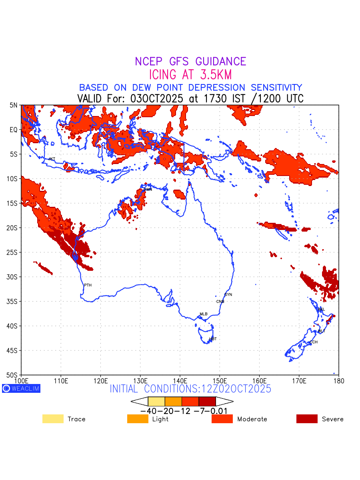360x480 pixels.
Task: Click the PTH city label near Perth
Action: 88,285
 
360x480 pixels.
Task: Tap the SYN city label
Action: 228,295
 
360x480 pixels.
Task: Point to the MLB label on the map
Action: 204,314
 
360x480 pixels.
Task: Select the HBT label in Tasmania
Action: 213,339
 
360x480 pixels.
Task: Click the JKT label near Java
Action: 52,159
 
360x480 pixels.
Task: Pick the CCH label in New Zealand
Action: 314,342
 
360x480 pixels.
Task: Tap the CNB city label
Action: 220,302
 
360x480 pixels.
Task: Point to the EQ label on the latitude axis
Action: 14,130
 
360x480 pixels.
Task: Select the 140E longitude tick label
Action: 180,380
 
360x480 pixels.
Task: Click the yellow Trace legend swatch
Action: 53,419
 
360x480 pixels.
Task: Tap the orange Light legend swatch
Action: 138,419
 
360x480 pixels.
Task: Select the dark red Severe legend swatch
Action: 307,419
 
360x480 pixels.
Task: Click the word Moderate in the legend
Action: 252,419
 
